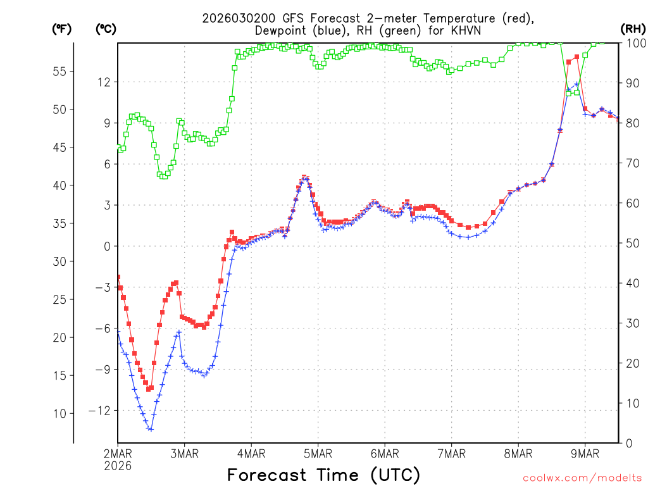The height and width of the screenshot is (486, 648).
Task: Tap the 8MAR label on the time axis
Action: pos(518,454)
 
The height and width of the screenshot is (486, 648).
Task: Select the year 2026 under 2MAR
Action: pos(118,466)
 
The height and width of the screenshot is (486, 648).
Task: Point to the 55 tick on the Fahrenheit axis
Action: pos(59,72)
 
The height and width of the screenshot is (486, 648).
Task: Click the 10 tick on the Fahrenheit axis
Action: pos(59,413)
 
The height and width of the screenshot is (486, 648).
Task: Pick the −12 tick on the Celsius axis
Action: pos(101,410)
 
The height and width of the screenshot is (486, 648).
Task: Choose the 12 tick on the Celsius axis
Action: pos(104,82)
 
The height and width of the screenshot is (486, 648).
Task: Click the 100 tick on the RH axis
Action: pos(636,44)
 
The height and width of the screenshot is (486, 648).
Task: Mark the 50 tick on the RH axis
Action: pos(633,243)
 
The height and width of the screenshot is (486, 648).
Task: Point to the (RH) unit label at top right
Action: pos(633,28)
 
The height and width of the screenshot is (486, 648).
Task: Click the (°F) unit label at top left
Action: pos(61,28)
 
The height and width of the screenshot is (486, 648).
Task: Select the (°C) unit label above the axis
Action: pos(105,28)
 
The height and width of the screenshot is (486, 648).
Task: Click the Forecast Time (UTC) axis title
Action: pos(323,475)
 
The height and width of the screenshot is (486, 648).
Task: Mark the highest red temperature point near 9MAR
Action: pos(576,57)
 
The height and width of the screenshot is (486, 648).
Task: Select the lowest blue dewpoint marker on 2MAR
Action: pos(151,429)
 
